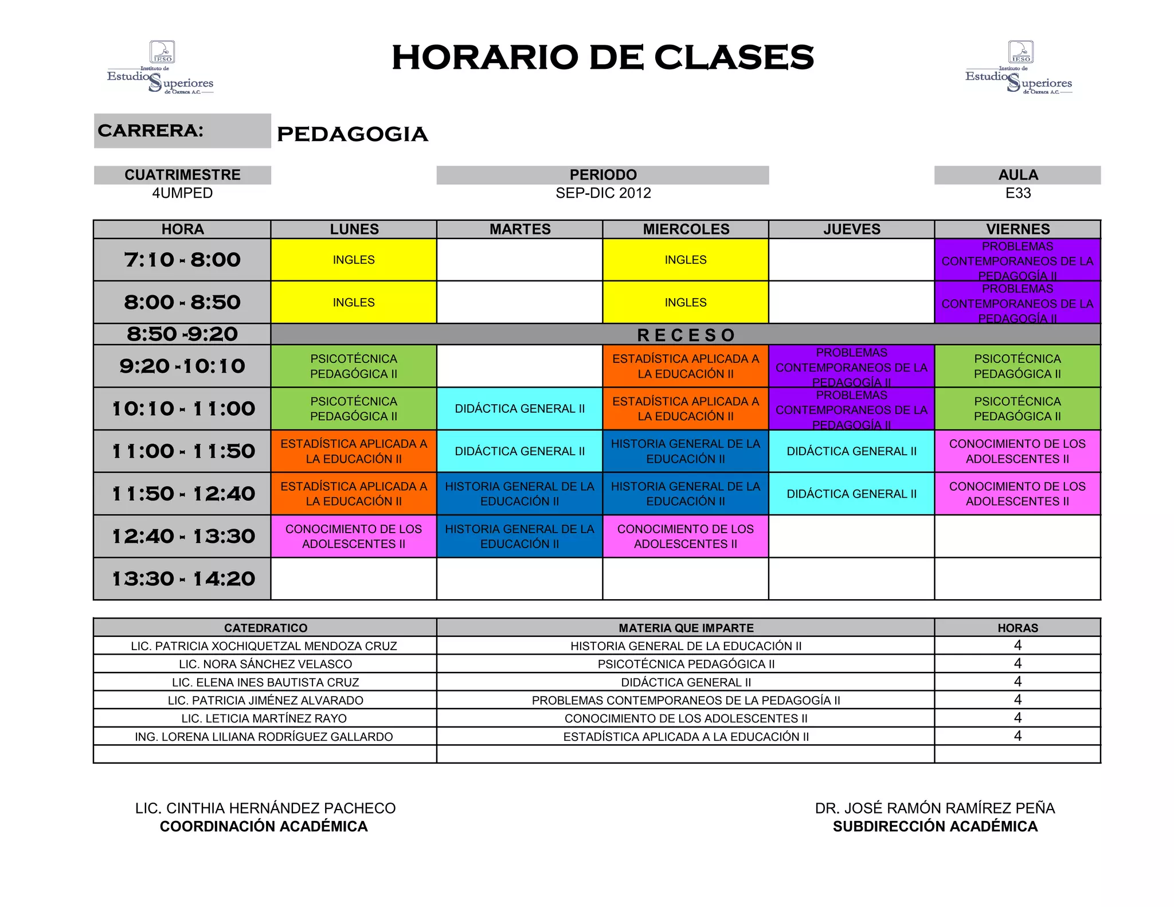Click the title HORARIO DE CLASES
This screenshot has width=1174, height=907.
pos(602,57)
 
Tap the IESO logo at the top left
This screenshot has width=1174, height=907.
pos(161,68)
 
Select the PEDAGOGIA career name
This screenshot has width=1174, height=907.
pos(352,134)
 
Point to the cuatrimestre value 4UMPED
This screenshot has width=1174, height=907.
pos(182,193)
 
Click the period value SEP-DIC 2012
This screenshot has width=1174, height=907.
pos(603,193)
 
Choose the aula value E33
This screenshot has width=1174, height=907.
pos(1018,193)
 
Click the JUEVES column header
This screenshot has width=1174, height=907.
pos(851,229)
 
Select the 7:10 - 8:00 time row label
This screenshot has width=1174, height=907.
pos(182,260)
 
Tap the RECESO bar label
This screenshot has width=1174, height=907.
pos(686,335)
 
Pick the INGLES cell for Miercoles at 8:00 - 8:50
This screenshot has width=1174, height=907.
pos(686,302)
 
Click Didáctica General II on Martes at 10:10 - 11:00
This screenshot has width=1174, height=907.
pos(519,409)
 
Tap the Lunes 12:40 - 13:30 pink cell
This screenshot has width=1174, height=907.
pos(354,537)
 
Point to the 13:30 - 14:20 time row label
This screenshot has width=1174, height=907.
pos(182,579)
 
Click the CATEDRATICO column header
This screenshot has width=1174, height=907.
pos(265,628)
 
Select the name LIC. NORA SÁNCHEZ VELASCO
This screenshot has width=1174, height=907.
pos(265,664)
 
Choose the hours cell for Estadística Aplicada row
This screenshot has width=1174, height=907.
pos(1018,736)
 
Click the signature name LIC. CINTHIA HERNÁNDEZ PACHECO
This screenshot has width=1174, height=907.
pos(265,808)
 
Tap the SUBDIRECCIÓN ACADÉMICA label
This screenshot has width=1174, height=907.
pos(935,827)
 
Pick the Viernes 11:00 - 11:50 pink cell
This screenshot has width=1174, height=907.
pos(1018,451)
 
